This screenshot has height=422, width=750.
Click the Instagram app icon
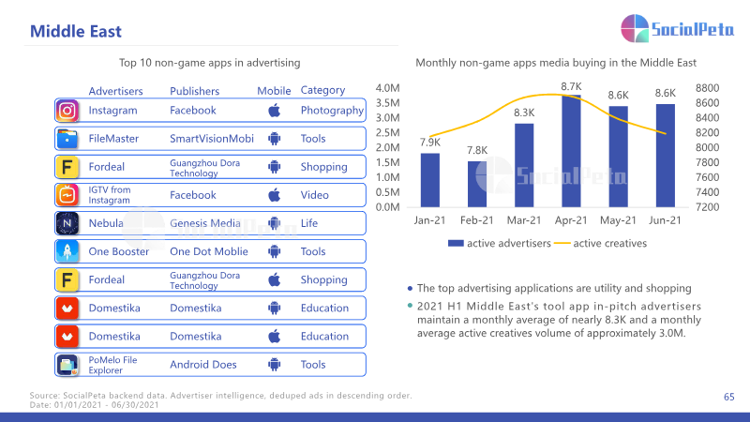pyautogui.click(x=67, y=111)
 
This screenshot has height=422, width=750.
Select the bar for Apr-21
pyautogui.click(x=571, y=151)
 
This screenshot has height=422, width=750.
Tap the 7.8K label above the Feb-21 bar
pyautogui.click(x=477, y=150)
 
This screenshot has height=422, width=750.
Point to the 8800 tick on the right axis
pyautogui.click(x=708, y=88)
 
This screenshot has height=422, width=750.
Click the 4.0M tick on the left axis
pyautogui.click(x=387, y=88)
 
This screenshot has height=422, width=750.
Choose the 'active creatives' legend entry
pyautogui.click(x=600, y=244)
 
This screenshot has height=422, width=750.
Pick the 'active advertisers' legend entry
pyautogui.click(x=500, y=244)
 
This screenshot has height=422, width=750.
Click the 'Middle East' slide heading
pyautogui.click(x=76, y=32)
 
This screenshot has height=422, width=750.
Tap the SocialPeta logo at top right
pyautogui.click(x=677, y=29)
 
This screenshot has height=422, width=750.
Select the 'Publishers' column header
pyautogui.click(x=194, y=91)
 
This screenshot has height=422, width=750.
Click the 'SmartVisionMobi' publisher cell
pyautogui.click(x=212, y=139)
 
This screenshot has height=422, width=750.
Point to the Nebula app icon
pyautogui.click(x=67, y=223)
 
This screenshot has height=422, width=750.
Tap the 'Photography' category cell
pyautogui.click(x=332, y=111)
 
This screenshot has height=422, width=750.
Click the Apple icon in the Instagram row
pyautogui.click(x=274, y=111)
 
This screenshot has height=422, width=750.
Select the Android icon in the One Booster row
pyautogui.click(x=274, y=251)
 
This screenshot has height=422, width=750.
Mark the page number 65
pyautogui.click(x=729, y=397)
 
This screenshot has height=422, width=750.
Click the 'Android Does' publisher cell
pyautogui.click(x=202, y=365)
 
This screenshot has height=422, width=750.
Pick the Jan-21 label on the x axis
pyautogui.click(x=429, y=220)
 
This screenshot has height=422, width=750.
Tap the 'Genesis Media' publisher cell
pyautogui.click(x=204, y=223)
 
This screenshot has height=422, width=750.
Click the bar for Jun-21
pyautogui.click(x=666, y=156)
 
